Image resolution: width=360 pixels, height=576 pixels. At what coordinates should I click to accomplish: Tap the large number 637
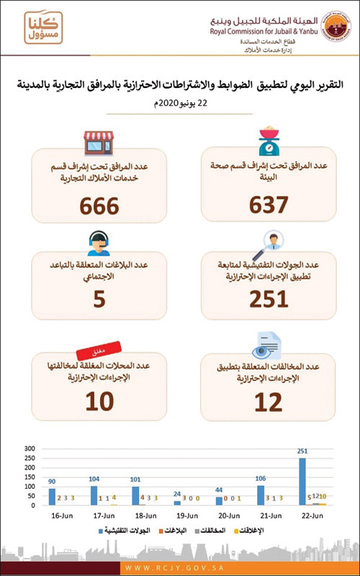(269, 206)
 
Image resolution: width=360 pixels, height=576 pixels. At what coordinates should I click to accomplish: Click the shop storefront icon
(99, 143)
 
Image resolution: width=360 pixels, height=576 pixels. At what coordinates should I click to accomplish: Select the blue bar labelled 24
(177, 502)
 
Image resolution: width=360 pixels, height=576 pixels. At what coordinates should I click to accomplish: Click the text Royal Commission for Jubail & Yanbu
(253, 31)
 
